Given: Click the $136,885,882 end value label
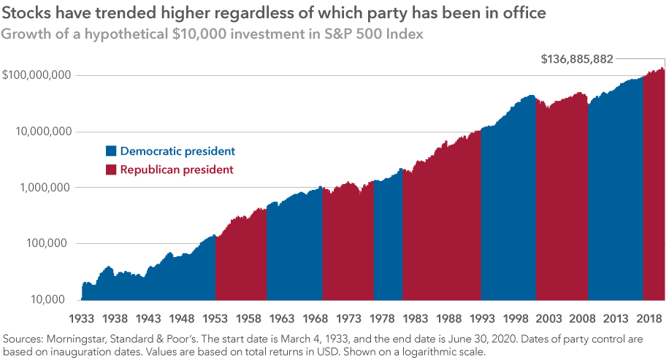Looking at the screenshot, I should (577, 59).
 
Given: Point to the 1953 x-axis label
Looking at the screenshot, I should (215, 319).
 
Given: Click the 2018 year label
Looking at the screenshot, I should (642, 319).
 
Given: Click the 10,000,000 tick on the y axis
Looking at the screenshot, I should (42, 131).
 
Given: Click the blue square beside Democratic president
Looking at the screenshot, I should (111, 151).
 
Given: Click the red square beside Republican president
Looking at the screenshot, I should (111, 169).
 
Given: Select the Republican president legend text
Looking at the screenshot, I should (177, 169).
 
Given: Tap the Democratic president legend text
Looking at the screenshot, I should (177, 151).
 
